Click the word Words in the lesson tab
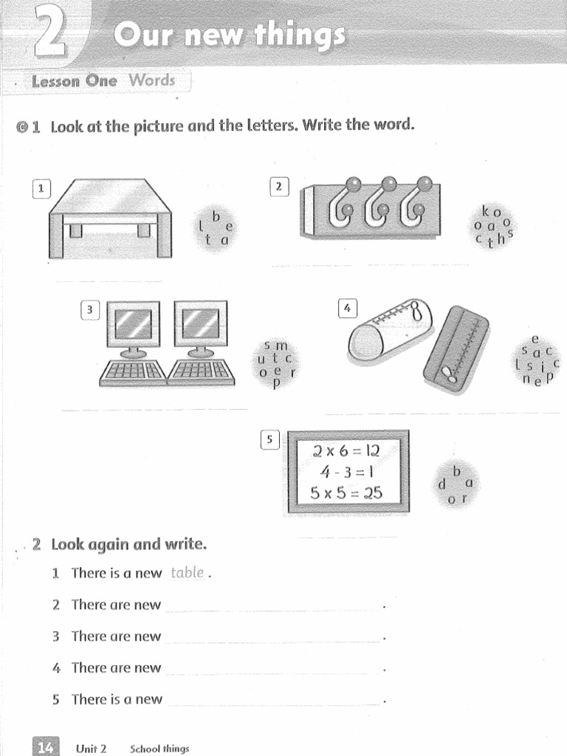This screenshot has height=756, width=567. point(152,80)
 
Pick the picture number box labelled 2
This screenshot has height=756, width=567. point(279,188)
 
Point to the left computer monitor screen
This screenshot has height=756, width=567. point(134,323)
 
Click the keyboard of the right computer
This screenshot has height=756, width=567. point(202,371)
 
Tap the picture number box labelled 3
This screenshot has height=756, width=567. point(90,310)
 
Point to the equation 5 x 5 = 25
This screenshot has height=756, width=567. point(347,493)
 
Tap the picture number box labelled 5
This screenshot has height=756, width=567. point(270,440)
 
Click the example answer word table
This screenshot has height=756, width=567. point(187,572)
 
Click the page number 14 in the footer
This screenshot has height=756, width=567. point(45,747)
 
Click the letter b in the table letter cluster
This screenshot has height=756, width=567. point(216,216)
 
